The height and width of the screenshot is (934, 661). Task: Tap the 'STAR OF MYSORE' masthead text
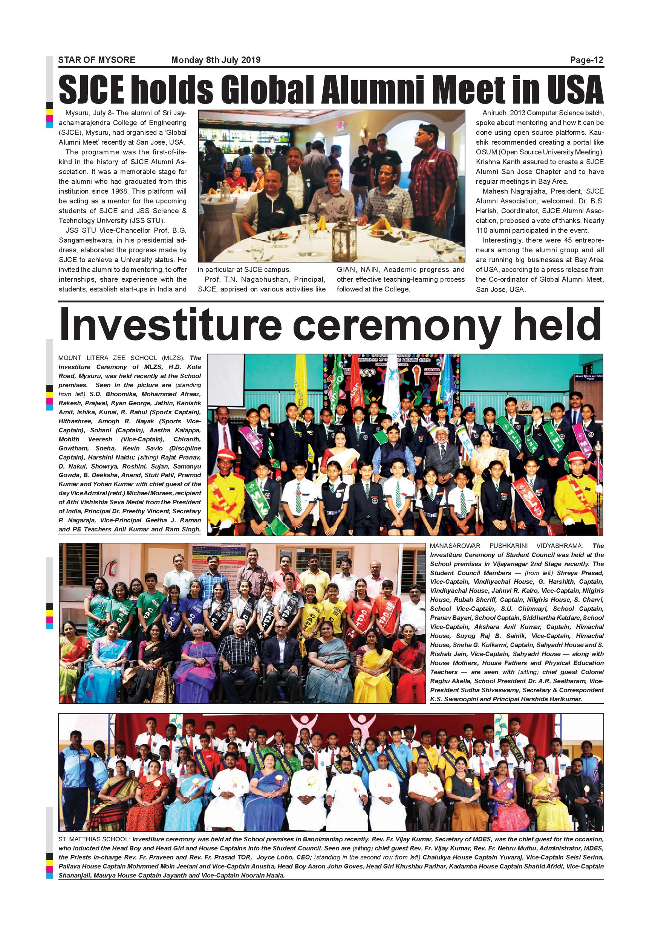(x=97, y=60)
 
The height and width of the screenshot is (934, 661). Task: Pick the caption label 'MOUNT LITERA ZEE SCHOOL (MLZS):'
(x=122, y=358)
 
